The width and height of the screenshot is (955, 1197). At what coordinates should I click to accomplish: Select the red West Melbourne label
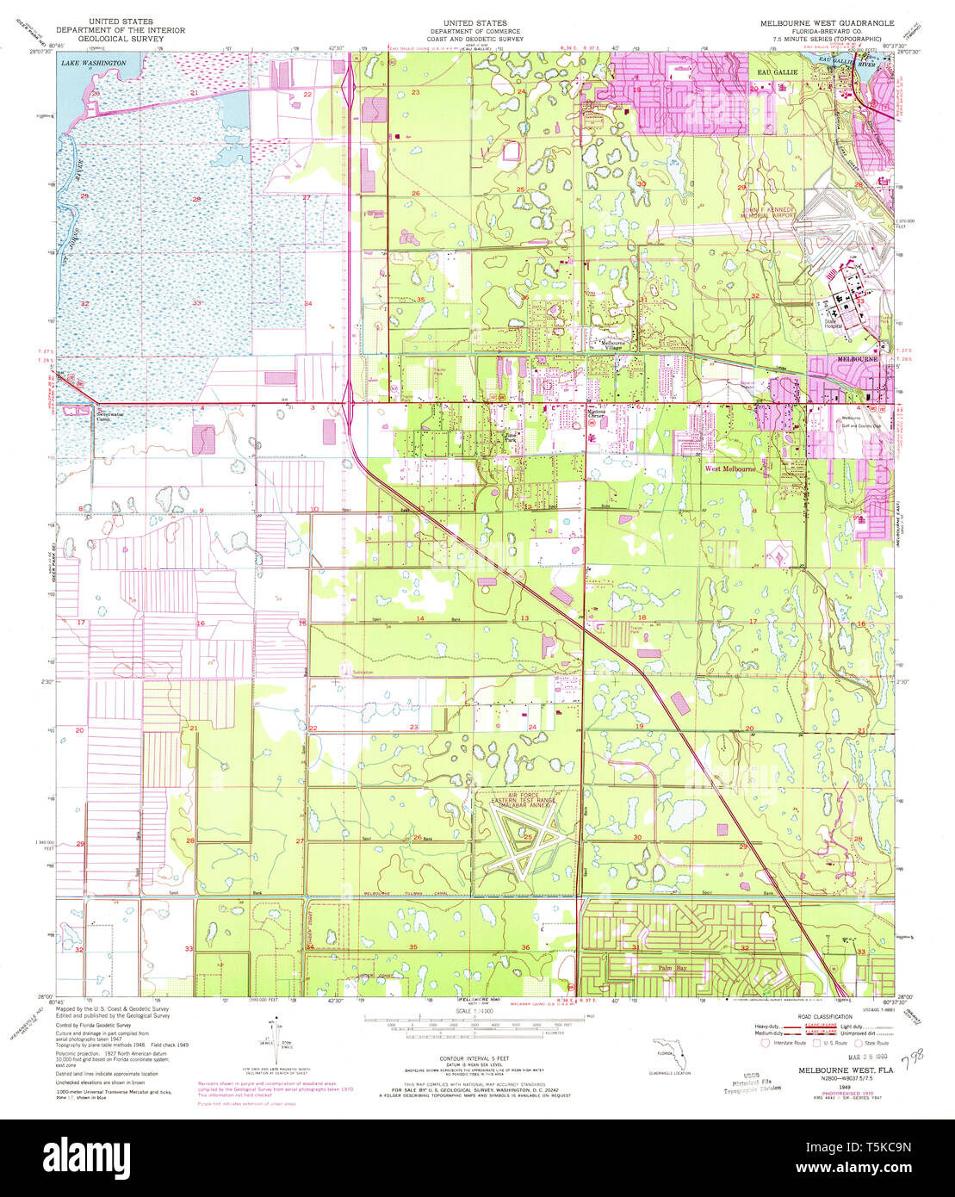click(x=730, y=469)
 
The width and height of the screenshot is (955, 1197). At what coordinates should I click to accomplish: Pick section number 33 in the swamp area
click(x=197, y=303)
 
